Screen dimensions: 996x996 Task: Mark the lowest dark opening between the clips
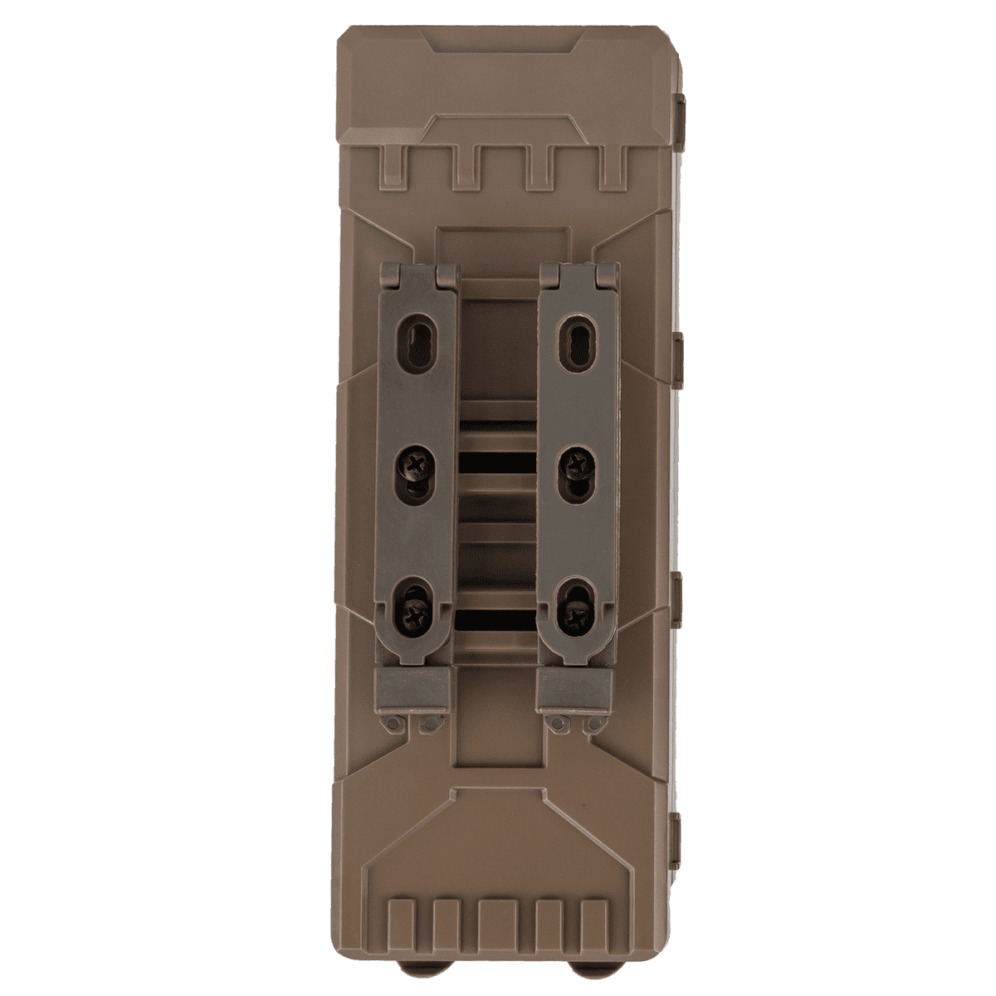498,618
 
